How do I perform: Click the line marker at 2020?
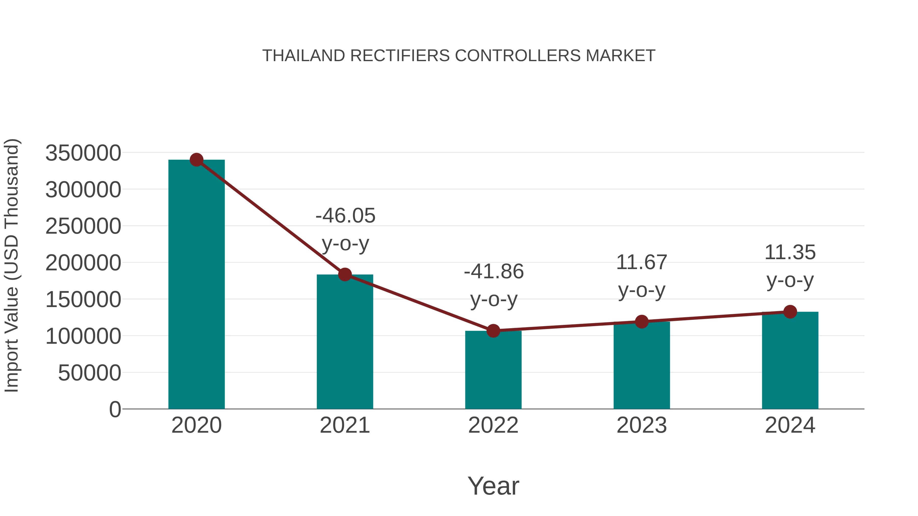click(196, 160)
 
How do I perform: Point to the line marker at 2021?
click(345, 274)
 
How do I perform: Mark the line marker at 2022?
click(493, 331)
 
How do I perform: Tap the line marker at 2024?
click(790, 312)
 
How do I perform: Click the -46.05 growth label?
click(345, 216)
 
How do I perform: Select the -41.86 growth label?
click(494, 272)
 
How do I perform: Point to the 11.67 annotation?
click(642, 262)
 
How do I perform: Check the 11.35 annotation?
click(790, 253)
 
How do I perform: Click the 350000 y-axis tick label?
click(83, 153)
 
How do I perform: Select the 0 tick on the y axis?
click(115, 409)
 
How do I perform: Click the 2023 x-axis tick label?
click(642, 425)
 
